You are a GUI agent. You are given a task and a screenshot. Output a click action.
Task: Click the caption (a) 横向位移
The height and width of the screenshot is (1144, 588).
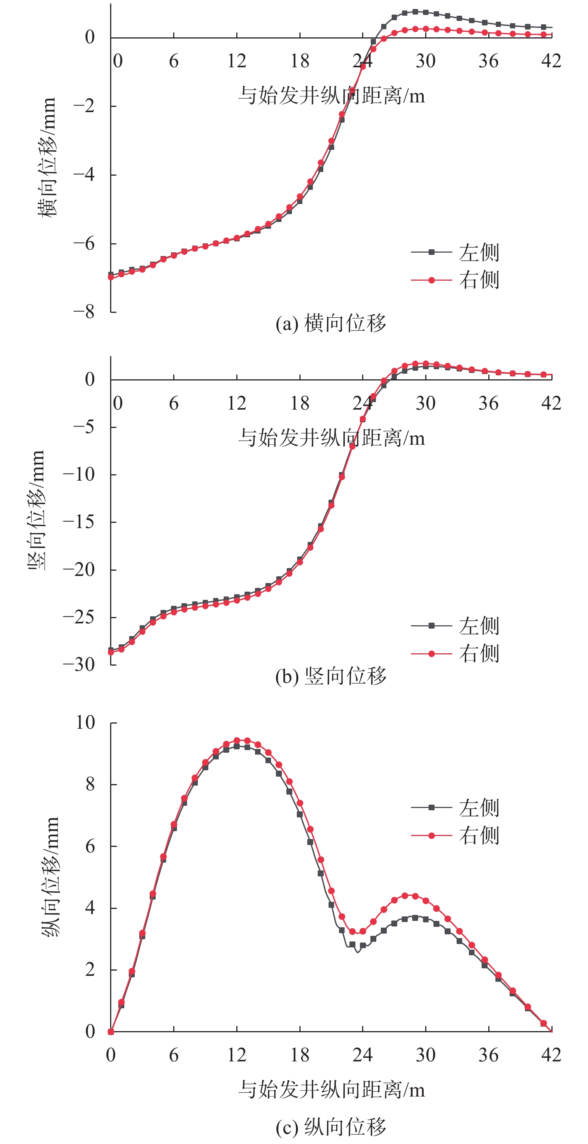click(x=331, y=323)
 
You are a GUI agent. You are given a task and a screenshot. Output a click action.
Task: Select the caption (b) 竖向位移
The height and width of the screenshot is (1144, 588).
click(x=331, y=676)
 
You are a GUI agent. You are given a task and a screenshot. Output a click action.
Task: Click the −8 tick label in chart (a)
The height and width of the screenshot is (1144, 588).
click(x=84, y=312)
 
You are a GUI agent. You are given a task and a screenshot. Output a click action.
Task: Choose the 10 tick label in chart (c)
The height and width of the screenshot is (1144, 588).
click(x=85, y=722)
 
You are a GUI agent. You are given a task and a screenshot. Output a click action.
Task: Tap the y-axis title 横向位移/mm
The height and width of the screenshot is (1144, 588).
click(x=47, y=158)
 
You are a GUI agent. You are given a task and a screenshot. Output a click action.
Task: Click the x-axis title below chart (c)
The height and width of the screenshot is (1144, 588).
click(x=331, y=1089)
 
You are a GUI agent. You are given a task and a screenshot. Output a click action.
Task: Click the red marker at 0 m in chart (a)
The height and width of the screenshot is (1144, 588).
click(x=111, y=277)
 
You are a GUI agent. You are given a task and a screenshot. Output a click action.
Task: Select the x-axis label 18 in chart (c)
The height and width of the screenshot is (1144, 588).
click(x=299, y=1055)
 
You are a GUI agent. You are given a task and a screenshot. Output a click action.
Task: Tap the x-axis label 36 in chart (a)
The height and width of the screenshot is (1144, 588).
click(x=488, y=61)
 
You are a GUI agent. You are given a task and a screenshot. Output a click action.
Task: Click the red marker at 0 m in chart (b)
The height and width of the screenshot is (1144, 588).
click(x=111, y=653)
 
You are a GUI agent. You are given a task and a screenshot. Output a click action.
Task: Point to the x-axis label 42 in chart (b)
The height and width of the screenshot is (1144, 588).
click(x=551, y=403)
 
